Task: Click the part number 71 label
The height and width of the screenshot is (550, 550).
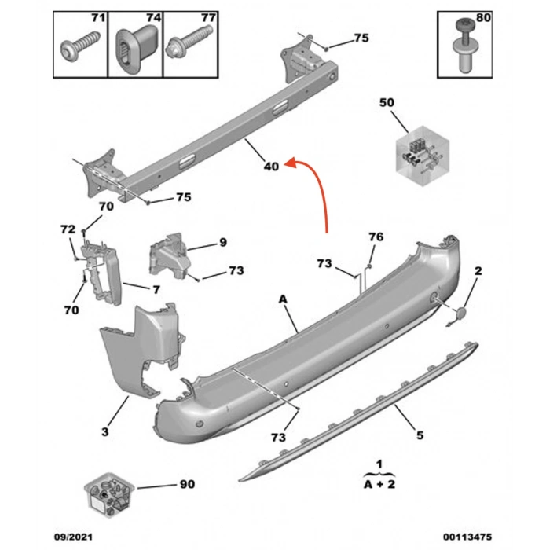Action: (x=97, y=17)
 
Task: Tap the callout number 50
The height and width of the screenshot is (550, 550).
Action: (x=387, y=102)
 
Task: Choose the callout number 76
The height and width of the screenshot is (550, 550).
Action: (x=376, y=236)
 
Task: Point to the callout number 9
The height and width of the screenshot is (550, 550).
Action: (x=222, y=242)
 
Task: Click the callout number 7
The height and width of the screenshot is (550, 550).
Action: (x=156, y=290)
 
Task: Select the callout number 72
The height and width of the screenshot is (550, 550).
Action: (x=68, y=229)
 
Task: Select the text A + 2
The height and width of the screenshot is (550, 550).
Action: (x=379, y=485)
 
